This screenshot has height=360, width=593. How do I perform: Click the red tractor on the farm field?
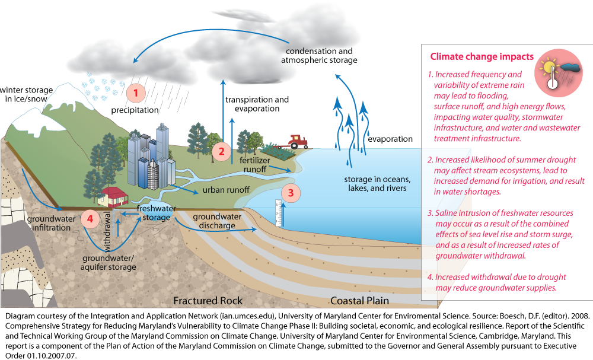pos(296,141)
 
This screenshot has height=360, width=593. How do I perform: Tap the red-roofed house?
pos(113,195)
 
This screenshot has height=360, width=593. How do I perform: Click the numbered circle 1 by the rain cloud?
pos(136,93)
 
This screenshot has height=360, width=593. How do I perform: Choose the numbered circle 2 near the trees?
pos(221,151)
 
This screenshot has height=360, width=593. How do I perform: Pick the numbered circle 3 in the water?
pos(291,192)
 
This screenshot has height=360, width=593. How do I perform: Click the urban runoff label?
pos(226,190)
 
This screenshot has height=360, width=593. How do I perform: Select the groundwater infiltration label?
pos(51,224)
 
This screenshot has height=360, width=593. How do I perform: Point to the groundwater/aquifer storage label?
pos(109,263)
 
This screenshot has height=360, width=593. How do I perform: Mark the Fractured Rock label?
pos(208,301)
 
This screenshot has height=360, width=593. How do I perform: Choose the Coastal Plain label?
pos(359,301)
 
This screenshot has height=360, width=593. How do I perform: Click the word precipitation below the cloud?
pos(135,110)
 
